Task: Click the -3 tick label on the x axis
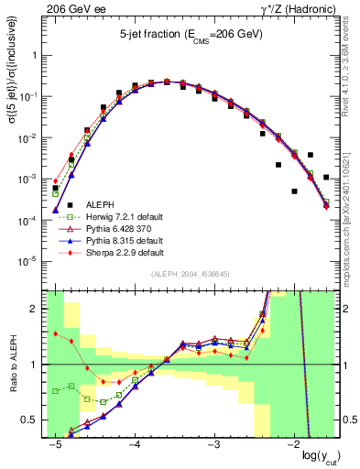(x=213, y=444)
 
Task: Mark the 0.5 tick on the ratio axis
(x=36, y=420)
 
